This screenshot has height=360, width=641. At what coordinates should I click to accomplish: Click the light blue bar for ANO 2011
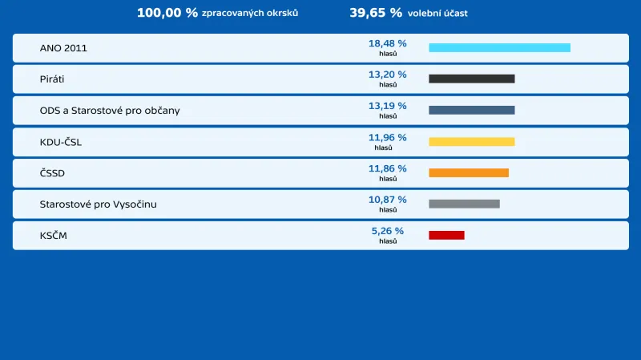pos(499,48)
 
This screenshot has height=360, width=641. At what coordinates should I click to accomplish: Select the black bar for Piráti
pos(471,79)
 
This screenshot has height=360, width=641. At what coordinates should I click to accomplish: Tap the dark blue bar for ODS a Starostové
pos(471,111)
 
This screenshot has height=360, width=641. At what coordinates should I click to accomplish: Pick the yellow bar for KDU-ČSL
pos(471,142)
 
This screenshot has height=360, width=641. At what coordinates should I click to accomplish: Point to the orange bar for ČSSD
pos(469,173)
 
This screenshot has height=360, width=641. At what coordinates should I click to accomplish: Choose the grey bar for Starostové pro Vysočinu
pos(464,204)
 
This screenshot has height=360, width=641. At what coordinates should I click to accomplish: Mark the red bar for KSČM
pos(446,235)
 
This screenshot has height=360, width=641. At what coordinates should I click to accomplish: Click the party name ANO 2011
pos(63,48)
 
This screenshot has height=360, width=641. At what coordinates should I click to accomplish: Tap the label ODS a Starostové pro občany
pos(110,111)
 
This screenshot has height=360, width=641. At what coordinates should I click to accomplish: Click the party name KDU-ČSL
pos(61,142)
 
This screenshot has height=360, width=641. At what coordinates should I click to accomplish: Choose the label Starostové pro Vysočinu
pos(99,204)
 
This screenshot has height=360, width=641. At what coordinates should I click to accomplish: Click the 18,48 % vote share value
pos(387,43)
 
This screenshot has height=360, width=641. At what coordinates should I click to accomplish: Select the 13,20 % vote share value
pos(387,75)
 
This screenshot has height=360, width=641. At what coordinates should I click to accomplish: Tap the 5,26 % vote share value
pos(387,231)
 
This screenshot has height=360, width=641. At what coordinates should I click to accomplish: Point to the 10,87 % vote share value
pos(387,200)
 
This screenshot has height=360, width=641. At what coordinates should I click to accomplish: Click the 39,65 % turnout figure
pos(376,13)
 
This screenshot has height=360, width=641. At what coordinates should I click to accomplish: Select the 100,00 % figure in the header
pos(167,13)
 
